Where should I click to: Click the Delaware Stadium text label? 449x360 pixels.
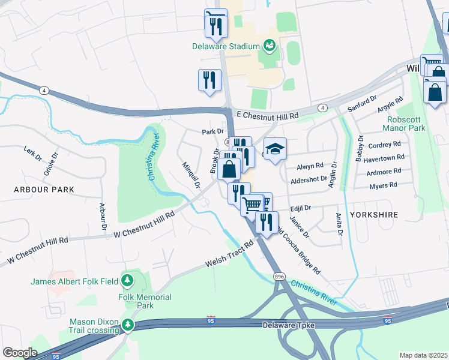(226, 46)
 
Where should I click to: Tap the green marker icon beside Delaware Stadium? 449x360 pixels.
(270, 46)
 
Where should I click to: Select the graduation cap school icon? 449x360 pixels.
(276, 149)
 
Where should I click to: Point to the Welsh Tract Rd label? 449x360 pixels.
(230, 256)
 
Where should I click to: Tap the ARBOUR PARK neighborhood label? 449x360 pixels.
(45, 190)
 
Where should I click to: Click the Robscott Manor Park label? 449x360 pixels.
(405, 124)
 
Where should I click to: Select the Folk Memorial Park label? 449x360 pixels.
(145, 301)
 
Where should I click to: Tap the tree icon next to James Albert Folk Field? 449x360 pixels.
(127, 280)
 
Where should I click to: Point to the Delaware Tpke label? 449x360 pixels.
(289, 325)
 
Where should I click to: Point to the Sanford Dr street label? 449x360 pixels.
(362, 103)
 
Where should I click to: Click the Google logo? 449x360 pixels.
(20, 353)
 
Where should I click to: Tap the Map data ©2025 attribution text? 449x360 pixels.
(423, 355)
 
